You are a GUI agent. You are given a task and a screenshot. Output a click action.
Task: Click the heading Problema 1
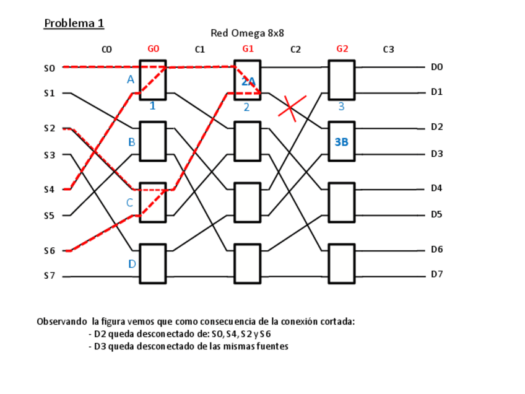pos(74,24)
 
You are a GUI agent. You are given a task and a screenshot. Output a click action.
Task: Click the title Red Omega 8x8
pos(247,33)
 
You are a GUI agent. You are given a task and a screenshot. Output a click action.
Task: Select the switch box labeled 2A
pos(248,80)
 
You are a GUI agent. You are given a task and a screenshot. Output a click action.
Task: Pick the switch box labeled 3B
pos(342,141)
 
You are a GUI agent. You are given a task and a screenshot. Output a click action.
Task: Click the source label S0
pos(50,68)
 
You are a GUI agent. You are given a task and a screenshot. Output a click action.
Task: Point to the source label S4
pos(50,190)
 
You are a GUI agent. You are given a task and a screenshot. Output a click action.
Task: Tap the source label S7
pos(50,276)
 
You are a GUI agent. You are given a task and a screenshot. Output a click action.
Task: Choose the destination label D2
pos(437,127)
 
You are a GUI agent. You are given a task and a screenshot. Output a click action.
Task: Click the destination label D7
pos(437,274)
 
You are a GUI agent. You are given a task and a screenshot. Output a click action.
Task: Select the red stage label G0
pos(154,49)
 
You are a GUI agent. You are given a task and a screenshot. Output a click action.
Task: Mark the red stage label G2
pos(342,49)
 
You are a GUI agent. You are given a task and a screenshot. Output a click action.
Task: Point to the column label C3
pos(388,50)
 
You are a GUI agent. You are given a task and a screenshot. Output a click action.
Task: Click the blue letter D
pos(131,264)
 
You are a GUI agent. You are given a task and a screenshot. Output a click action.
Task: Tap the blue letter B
pos(131,142)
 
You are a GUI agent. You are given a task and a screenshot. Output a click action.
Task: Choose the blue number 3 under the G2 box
pos(341,107)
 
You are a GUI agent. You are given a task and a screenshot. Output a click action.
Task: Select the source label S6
pos(50,251)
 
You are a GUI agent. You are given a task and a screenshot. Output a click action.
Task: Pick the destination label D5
pos(437,214)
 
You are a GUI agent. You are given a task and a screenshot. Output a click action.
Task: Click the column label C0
pos(106,50)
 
